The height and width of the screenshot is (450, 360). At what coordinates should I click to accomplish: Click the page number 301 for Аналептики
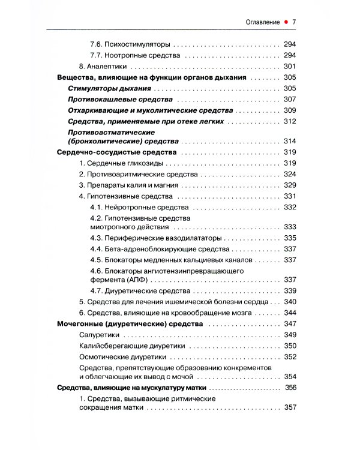(x=290, y=66)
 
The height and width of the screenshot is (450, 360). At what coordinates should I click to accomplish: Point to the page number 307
(x=290, y=99)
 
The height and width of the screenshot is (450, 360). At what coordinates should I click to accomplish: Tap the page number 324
(x=290, y=174)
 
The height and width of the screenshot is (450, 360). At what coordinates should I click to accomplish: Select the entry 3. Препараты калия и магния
(x=129, y=185)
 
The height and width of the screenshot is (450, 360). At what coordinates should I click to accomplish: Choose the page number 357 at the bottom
(x=290, y=408)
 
